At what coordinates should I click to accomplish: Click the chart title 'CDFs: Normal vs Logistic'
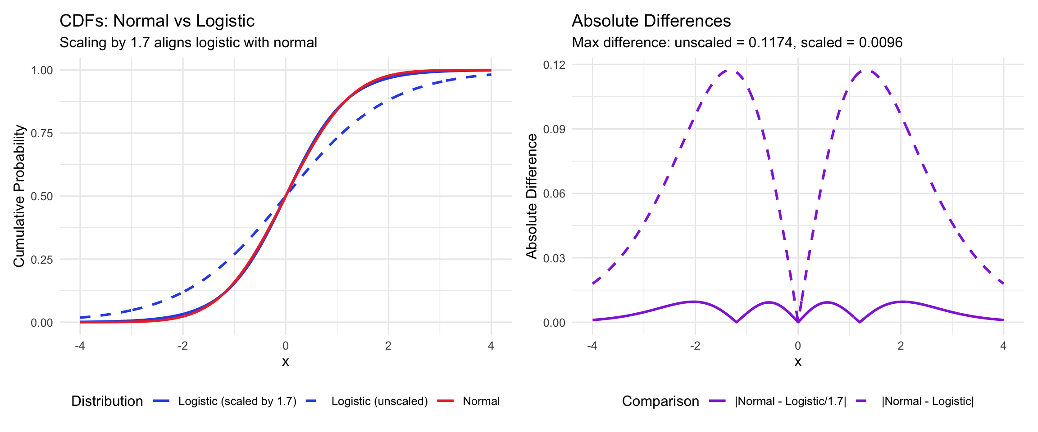[x=157, y=21]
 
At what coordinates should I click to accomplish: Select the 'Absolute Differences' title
[x=651, y=21]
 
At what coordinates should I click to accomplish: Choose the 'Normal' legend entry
[x=481, y=401]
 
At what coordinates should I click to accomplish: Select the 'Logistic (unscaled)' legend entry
[x=379, y=401]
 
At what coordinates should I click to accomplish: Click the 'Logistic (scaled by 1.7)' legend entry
[x=237, y=401]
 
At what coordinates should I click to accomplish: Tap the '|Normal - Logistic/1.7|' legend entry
[x=790, y=401]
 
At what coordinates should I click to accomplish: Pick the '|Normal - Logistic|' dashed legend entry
[x=927, y=401]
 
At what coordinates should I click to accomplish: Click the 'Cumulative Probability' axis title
[x=19, y=196]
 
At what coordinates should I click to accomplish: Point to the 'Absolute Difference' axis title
[x=532, y=196]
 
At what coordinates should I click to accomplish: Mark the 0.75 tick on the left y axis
[x=42, y=133]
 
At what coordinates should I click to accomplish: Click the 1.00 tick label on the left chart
[x=42, y=70]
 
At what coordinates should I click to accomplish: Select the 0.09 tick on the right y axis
[x=554, y=129]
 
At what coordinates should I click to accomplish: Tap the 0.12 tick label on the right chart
[x=554, y=65]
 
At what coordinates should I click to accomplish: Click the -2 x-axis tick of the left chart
[x=182, y=346]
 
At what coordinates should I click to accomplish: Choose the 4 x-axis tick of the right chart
[x=1003, y=346]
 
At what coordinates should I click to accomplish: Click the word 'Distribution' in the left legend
[x=107, y=401]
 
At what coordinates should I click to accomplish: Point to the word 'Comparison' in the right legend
[x=660, y=401]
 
